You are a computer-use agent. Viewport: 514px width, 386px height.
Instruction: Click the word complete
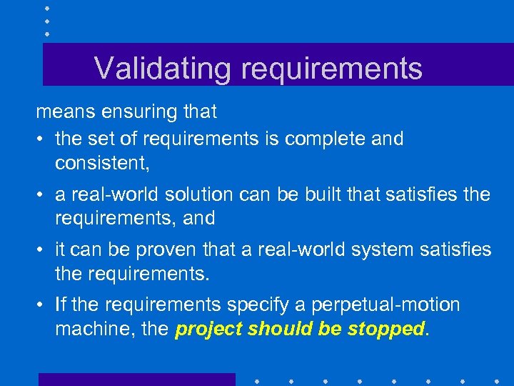point(325,139)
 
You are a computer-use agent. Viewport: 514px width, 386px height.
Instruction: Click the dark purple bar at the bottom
point(136,379)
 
